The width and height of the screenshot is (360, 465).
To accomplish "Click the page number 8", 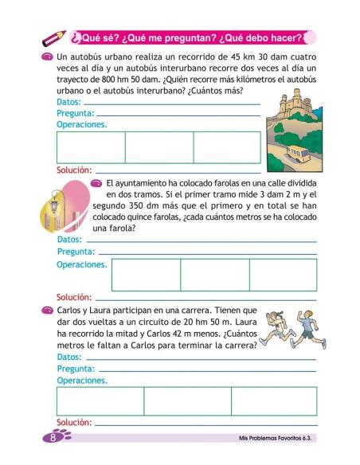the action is click(x=53, y=437).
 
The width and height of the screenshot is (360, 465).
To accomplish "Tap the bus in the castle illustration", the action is click(x=301, y=154).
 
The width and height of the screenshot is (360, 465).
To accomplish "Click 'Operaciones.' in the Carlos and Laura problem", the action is click(x=81, y=381).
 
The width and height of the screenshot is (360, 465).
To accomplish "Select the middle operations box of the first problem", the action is click(x=158, y=147).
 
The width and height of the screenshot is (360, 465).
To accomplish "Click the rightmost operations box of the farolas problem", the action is click(x=283, y=274).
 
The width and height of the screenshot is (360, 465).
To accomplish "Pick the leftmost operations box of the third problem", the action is click(x=100, y=401).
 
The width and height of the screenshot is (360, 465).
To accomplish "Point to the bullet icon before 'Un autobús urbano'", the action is click(x=50, y=59).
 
